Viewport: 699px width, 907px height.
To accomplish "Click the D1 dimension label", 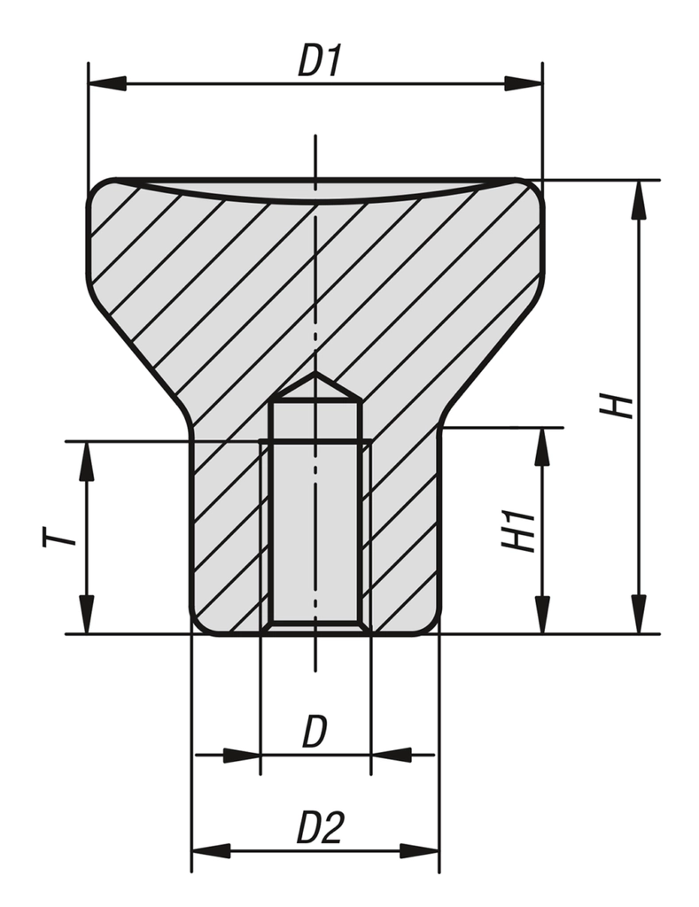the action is (x=320, y=61).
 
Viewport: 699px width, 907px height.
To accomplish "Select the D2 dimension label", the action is (x=320, y=827).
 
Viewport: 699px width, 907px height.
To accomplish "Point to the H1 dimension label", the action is (x=518, y=530).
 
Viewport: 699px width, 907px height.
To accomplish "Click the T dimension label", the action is (x=59, y=536).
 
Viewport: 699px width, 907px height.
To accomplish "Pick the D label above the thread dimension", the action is (x=315, y=732).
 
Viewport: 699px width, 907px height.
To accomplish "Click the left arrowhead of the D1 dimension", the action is (x=107, y=83).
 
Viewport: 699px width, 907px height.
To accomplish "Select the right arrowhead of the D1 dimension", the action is (x=524, y=83).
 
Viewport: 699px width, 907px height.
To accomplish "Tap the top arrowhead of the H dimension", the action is (x=639, y=200).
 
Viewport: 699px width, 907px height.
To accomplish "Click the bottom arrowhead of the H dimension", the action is (x=639, y=615).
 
